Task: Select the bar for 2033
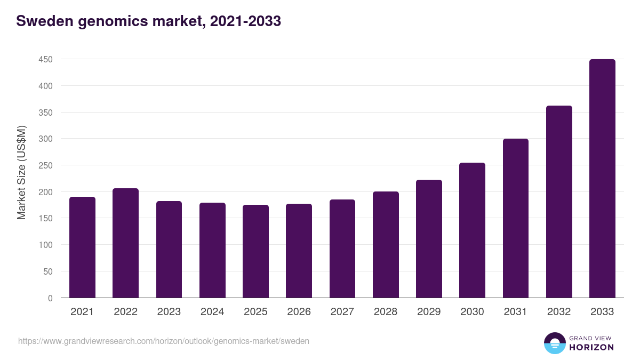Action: pyautogui.click(x=602, y=179)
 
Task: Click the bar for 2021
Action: pyautogui.click(x=82, y=247)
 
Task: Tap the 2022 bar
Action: pyautogui.click(x=125, y=243)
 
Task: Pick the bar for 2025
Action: pyautogui.click(x=255, y=251)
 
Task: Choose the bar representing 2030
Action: pyautogui.click(x=472, y=230)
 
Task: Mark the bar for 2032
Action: pyautogui.click(x=559, y=202)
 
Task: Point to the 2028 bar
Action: pyautogui.click(x=386, y=245)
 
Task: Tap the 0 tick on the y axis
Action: pyautogui.click(x=50, y=298)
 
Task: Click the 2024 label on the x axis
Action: pyautogui.click(x=212, y=312)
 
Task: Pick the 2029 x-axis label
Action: pyautogui.click(x=429, y=312)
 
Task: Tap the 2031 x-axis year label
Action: pyautogui.click(x=516, y=312)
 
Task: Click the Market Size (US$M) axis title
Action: pyautogui.click(x=21, y=172)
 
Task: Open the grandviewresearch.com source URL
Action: pyautogui.click(x=164, y=341)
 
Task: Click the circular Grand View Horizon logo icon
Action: pyautogui.click(x=554, y=343)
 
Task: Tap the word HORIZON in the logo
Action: pyautogui.click(x=591, y=347)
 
